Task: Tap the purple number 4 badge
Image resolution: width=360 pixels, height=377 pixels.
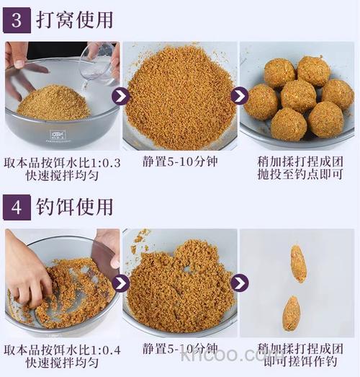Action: click(16, 207)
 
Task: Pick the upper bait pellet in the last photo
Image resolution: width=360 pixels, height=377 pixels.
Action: click(298, 263)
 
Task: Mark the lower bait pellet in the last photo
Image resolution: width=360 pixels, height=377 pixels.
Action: click(291, 313)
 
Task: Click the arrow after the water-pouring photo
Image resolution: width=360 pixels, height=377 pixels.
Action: click(122, 96)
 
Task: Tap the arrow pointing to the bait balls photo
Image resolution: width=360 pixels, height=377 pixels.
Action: click(239, 96)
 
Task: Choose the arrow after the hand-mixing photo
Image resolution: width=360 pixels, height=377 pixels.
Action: click(122, 283)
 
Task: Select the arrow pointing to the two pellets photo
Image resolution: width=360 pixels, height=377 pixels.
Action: click(239, 283)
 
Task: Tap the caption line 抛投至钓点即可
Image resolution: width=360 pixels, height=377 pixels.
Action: click(298, 177)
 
